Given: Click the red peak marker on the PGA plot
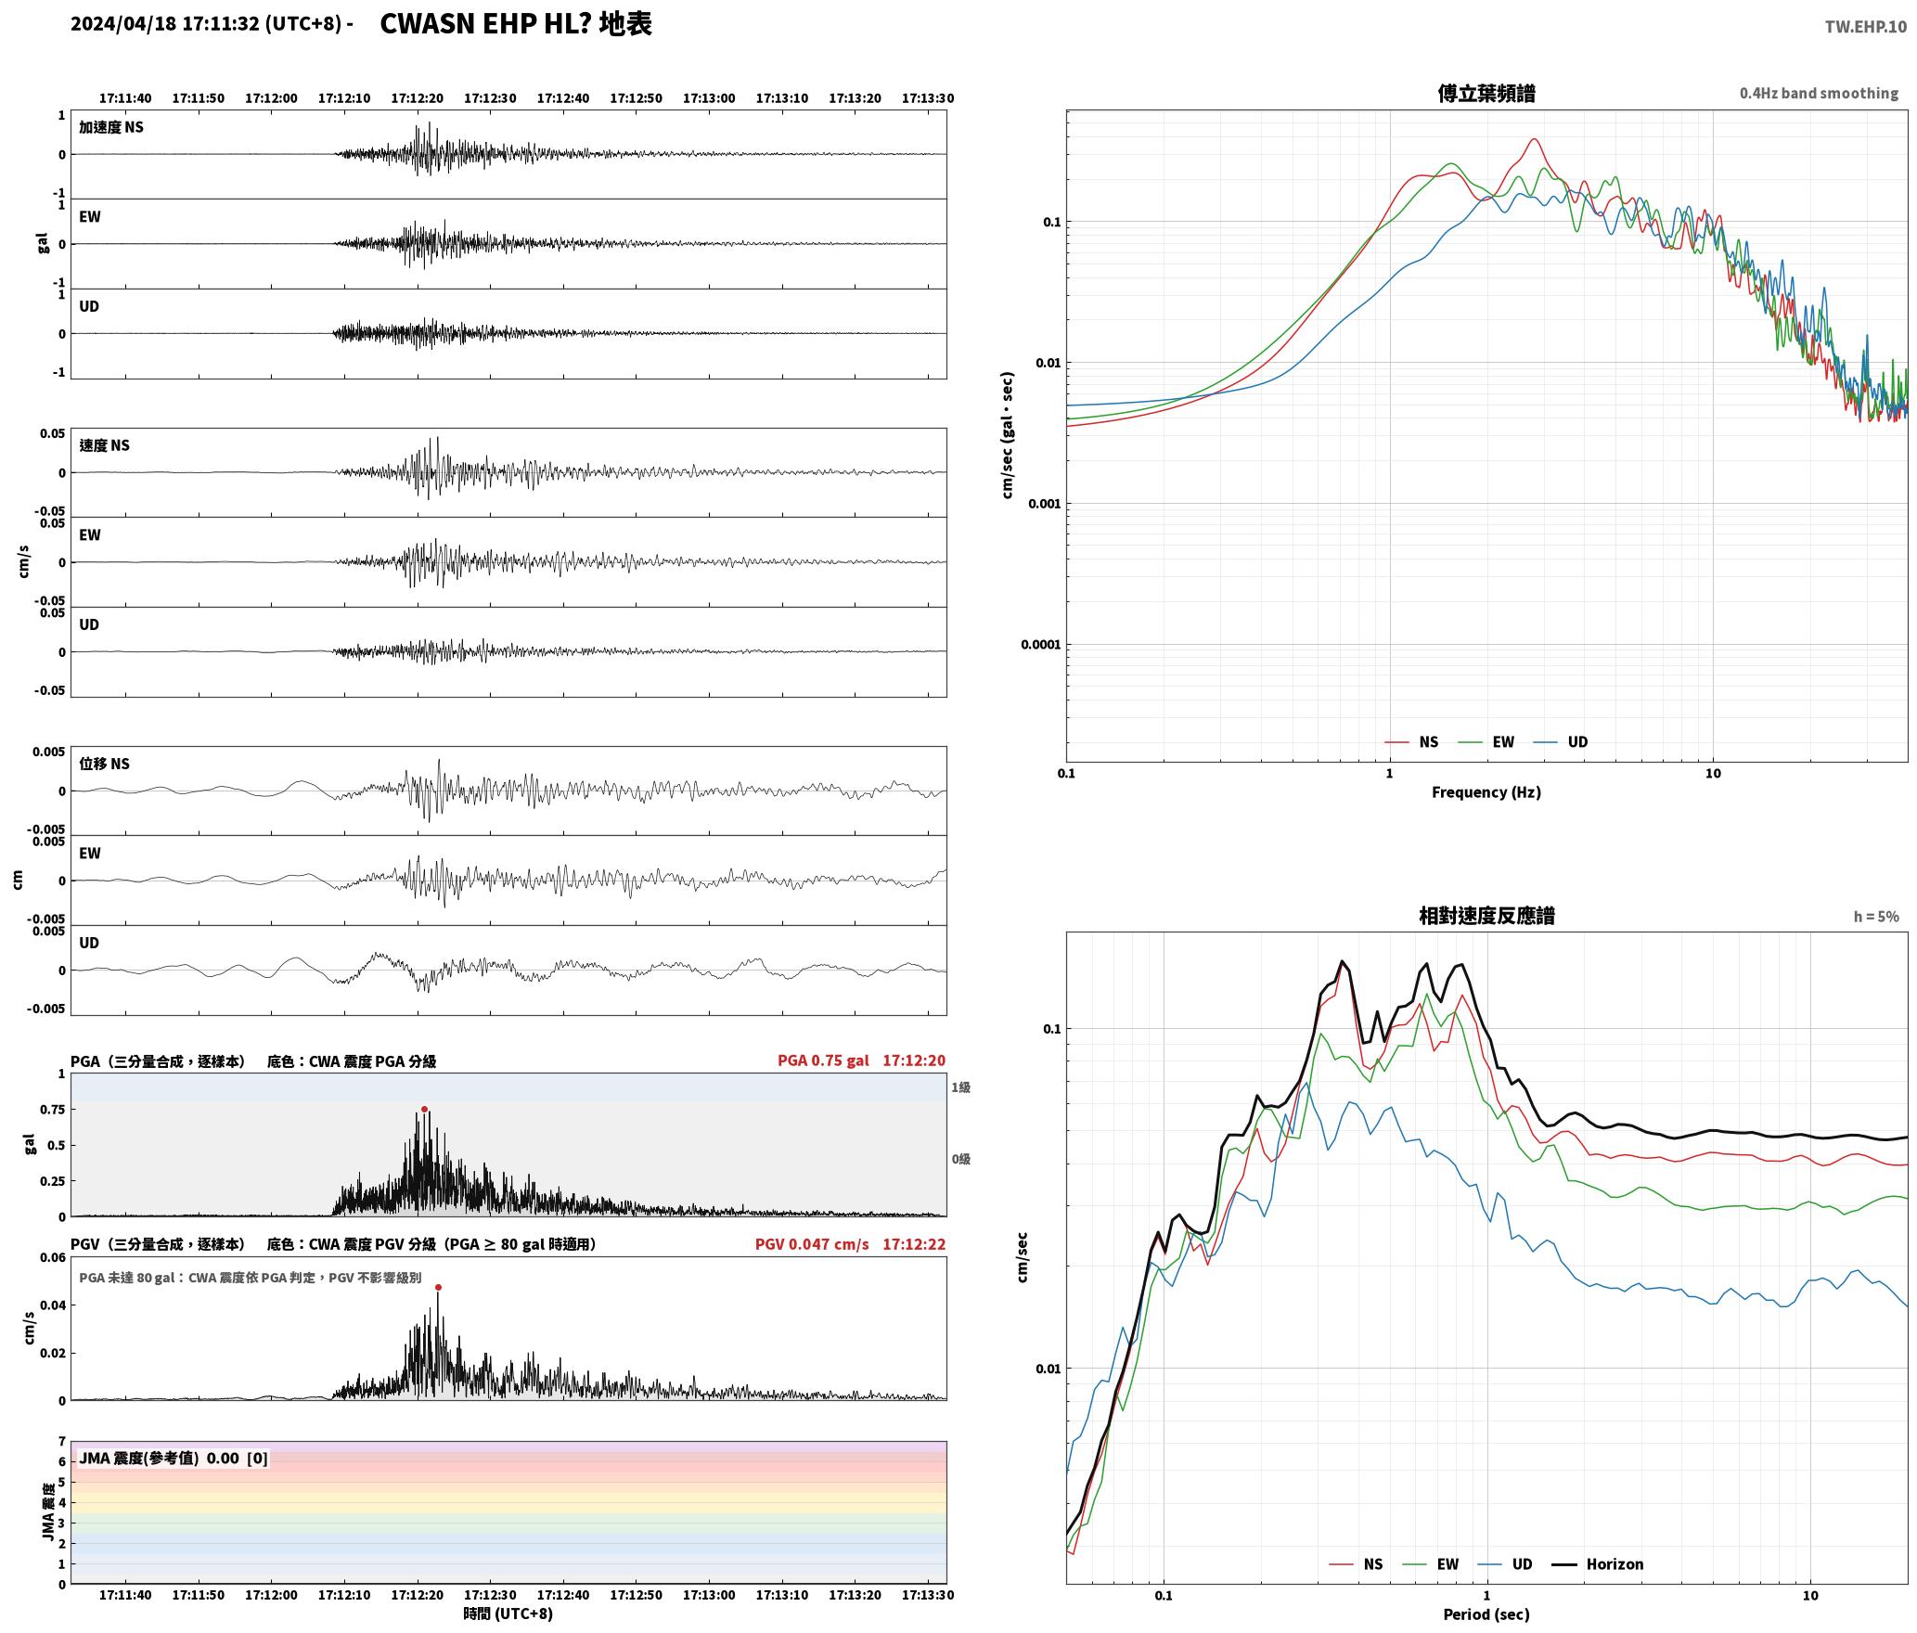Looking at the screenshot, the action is (x=424, y=1109).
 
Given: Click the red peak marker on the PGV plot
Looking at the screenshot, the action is (x=438, y=1287).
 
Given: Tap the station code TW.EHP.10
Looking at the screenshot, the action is (x=1865, y=26).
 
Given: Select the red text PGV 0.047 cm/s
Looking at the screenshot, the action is (x=812, y=1244).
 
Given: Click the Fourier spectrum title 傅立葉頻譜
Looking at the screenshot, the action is (x=1486, y=93).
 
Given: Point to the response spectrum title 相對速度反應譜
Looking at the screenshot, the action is (x=1486, y=915).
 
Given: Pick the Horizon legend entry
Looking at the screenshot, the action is (x=1598, y=1563).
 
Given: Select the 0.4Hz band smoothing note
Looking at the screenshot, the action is (x=1819, y=93).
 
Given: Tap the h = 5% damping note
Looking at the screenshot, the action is (x=1876, y=916).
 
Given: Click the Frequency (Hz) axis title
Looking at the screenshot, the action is (x=1486, y=791).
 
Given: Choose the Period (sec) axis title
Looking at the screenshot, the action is (x=1486, y=1614).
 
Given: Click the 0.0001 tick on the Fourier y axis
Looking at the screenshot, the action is (x=1040, y=645).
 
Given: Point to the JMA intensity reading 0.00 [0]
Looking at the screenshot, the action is (x=237, y=1458).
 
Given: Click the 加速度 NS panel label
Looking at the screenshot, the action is (x=111, y=127).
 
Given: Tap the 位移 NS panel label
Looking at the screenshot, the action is (x=104, y=764).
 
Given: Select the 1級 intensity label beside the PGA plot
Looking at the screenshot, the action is (x=960, y=1087).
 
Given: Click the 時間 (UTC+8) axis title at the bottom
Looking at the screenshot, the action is (x=508, y=1614).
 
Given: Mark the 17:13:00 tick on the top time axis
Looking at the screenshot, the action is (x=709, y=97).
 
